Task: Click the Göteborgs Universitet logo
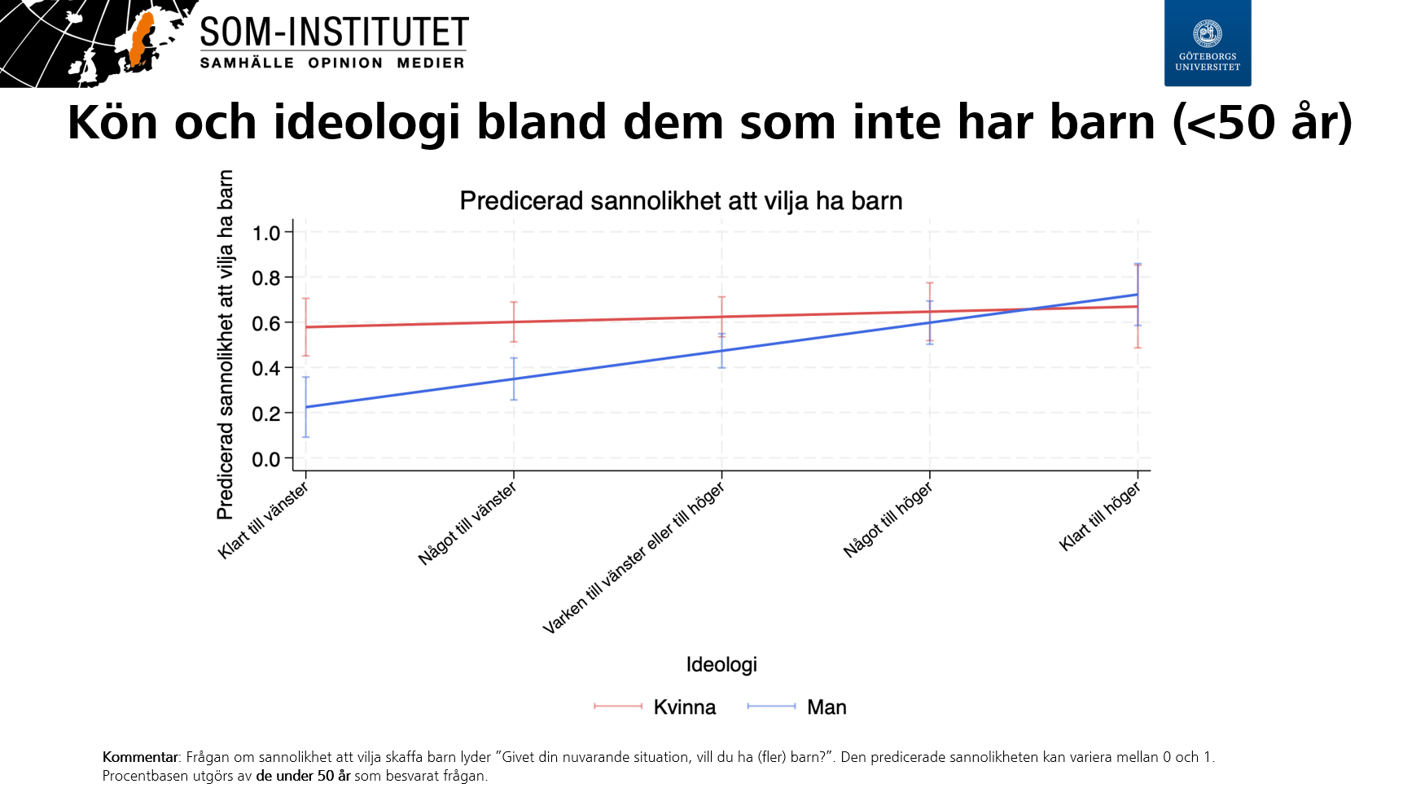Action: (x=1207, y=42)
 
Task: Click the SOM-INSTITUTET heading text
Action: (x=334, y=33)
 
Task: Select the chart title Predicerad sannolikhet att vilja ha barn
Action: (x=681, y=201)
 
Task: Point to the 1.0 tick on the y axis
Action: (x=266, y=234)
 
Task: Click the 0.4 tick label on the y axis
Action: (x=266, y=369)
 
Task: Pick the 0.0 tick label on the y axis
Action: (x=266, y=460)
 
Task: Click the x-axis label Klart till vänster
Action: (x=263, y=520)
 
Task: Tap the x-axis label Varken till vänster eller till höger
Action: (x=634, y=558)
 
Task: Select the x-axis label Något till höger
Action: (x=888, y=520)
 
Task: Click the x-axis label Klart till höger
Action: (x=1100, y=516)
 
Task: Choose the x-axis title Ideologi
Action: (x=721, y=664)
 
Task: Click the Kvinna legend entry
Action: (x=684, y=707)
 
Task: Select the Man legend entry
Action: (x=826, y=707)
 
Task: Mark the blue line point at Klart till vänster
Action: (x=306, y=407)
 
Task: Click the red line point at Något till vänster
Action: (x=514, y=322)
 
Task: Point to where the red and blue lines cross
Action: (x=1030, y=309)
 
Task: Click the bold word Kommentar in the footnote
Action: (x=139, y=757)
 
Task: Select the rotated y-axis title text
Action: (x=226, y=344)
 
